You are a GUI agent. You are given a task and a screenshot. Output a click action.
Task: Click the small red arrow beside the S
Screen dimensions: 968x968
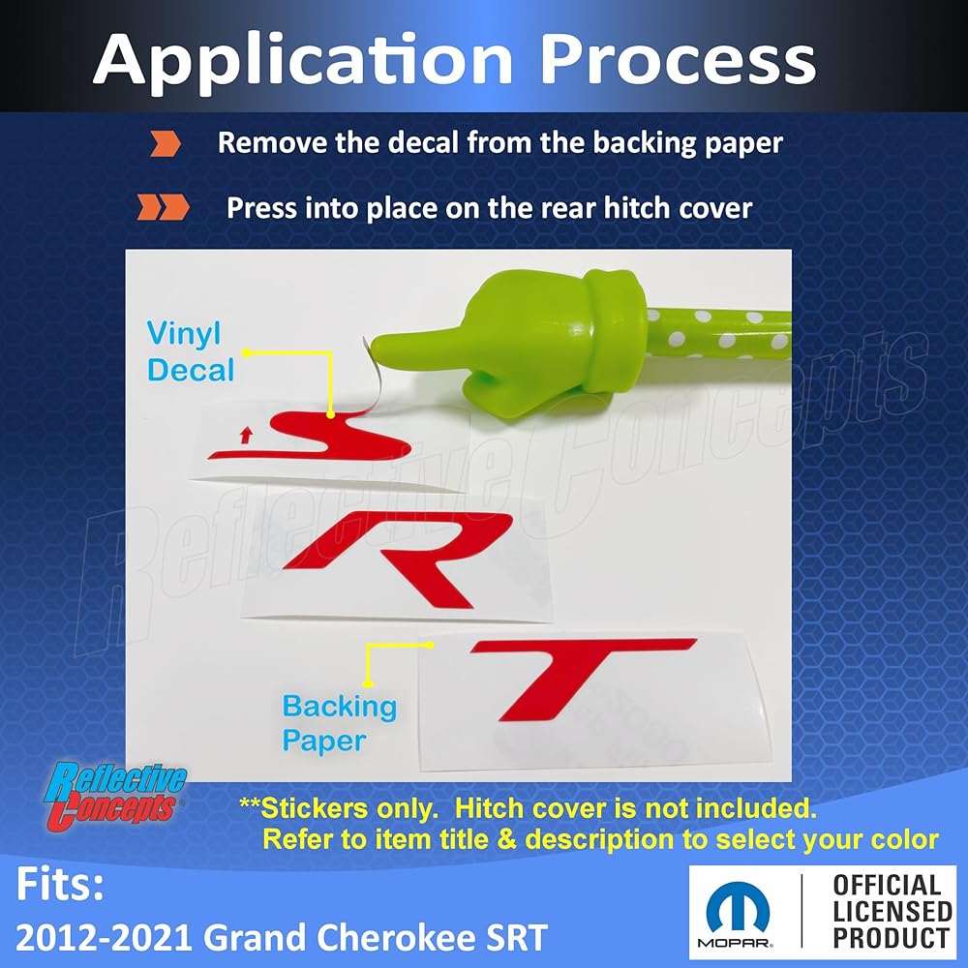[x=246, y=436]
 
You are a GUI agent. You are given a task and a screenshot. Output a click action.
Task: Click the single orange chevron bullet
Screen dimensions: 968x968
[x=166, y=143]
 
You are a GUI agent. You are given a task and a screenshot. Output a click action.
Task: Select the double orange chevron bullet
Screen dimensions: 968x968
[x=163, y=207]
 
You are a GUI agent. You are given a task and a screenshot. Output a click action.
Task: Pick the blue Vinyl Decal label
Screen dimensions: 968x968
[x=191, y=352]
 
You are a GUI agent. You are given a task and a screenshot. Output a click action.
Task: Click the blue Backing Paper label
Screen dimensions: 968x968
[x=339, y=723]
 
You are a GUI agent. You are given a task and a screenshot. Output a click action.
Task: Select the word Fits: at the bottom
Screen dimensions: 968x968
[x=60, y=884]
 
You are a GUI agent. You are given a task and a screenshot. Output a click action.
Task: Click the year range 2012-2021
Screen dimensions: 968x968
[x=104, y=937]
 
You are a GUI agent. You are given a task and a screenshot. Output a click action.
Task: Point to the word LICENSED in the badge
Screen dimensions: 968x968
[x=892, y=911]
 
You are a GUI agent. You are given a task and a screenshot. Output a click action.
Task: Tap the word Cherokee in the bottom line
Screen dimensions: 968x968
[x=379, y=937]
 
